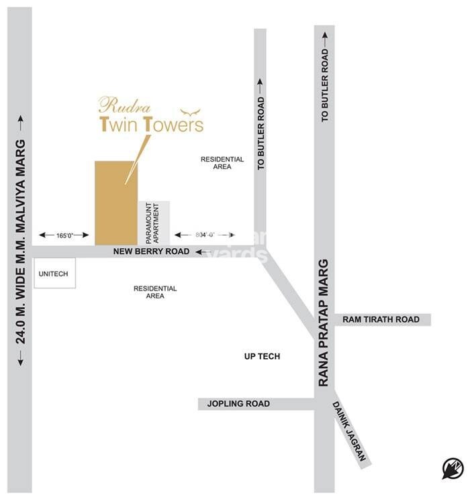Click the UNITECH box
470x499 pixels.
click(54, 274)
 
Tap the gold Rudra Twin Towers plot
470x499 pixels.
click(116, 203)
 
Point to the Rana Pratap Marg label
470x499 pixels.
click(324, 322)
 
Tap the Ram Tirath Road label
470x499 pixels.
click(381, 320)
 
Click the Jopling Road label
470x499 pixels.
click(238, 404)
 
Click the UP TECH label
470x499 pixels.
click(262, 357)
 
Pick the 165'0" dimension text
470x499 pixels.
click(64, 235)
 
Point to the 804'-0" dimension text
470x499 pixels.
click(204, 235)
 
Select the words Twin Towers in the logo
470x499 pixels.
click(151, 124)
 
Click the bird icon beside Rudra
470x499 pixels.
click(191, 111)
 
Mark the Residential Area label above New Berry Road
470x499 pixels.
click(222, 163)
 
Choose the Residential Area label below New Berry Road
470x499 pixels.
click(155, 292)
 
